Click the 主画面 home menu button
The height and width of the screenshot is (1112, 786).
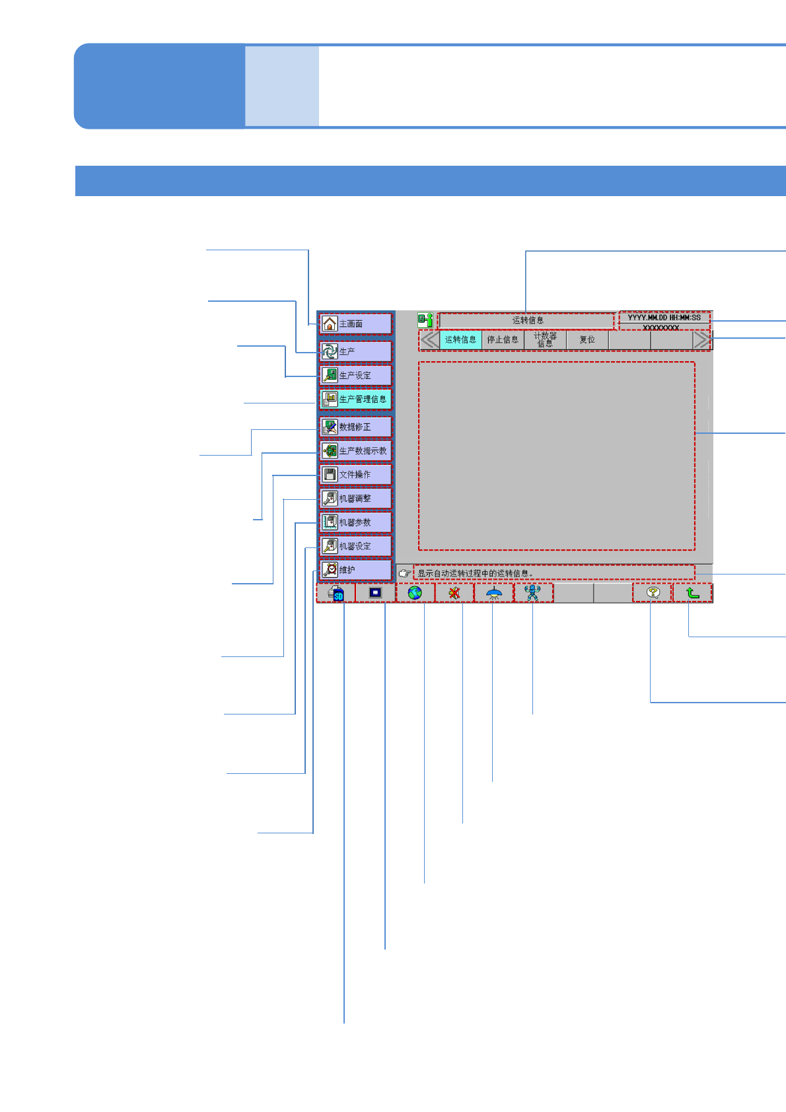point(355,324)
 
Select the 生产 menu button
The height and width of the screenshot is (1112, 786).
point(355,351)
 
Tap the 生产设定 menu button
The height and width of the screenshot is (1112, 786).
point(355,375)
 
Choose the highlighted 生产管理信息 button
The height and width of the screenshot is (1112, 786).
point(355,399)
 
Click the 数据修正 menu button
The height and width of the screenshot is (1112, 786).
point(355,427)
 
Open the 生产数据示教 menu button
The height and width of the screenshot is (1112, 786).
point(355,451)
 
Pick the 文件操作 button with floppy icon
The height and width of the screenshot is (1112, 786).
point(355,475)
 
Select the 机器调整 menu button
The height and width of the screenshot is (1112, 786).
point(355,499)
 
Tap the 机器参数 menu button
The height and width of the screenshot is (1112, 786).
point(355,522)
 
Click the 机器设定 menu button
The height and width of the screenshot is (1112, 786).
point(355,546)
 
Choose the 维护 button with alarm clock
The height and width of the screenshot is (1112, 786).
point(355,570)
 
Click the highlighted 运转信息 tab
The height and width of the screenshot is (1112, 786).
point(460,339)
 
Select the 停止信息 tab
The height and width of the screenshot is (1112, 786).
point(503,339)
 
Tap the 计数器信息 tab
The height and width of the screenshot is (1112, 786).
point(545,339)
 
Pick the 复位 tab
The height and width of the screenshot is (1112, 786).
point(587,339)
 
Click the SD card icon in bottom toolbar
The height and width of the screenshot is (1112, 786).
point(336,593)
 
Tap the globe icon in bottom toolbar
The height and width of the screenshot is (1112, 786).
point(415,593)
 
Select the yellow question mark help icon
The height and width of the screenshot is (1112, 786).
point(653,593)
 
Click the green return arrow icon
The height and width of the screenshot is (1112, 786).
point(692,593)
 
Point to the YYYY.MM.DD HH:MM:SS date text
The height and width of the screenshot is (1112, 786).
point(664,318)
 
